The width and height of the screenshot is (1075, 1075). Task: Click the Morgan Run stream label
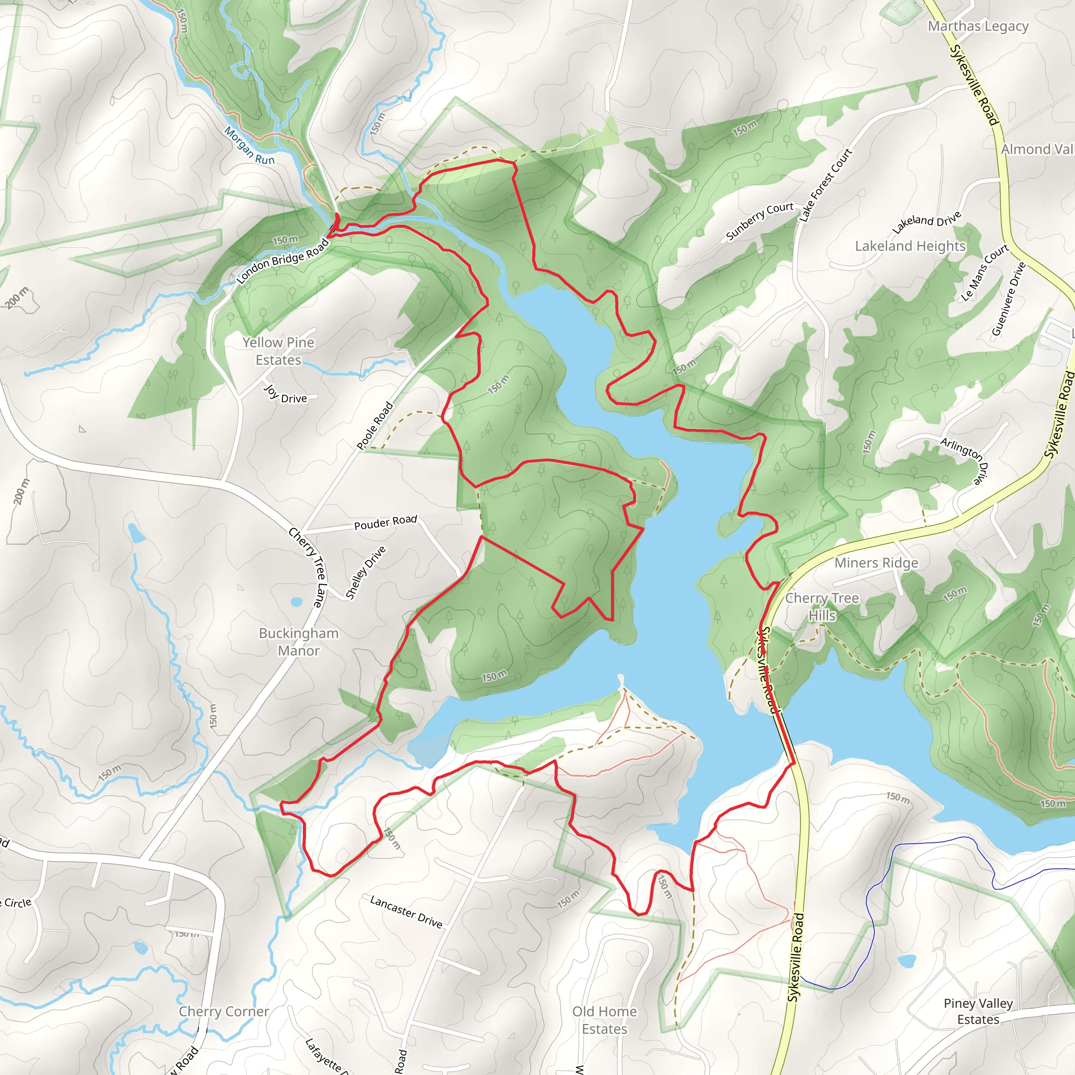click(249, 146)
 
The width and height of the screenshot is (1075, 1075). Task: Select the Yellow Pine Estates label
click(278, 351)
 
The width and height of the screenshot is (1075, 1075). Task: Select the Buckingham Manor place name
click(299, 641)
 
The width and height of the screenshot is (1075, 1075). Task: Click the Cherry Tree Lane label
click(307, 567)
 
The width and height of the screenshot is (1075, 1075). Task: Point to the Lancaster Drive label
click(406, 912)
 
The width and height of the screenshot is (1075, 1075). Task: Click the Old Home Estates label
click(604, 1020)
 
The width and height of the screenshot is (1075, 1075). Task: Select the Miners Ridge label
click(876, 563)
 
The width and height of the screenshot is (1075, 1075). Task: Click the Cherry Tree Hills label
click(822, 606)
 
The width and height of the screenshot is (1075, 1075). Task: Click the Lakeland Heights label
click(910, 246)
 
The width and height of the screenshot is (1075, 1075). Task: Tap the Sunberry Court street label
click(760, 221)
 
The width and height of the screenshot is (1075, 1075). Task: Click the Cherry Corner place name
click(224, 1011)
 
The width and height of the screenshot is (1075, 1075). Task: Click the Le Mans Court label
click(985, 272)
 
